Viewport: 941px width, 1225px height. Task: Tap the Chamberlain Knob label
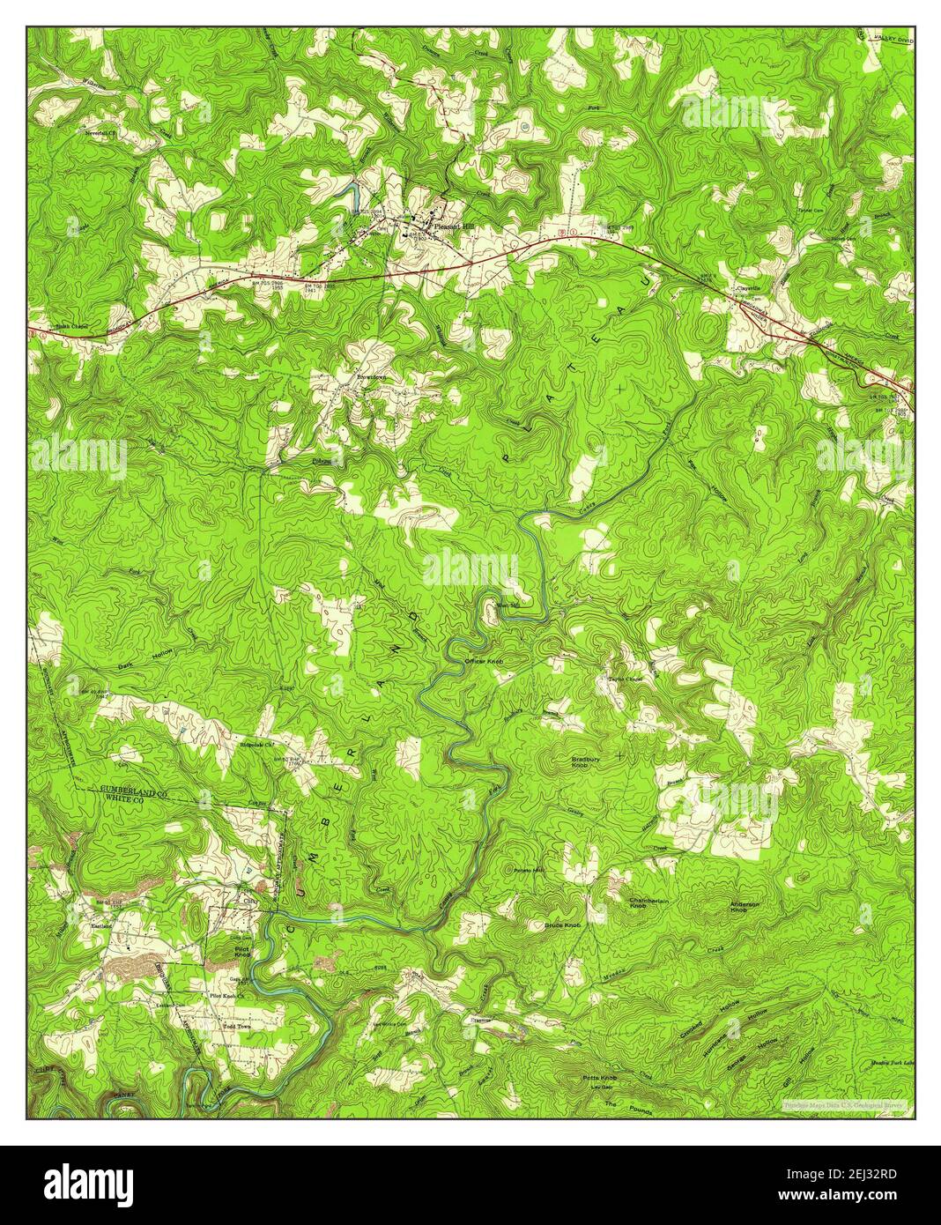coord(650,903)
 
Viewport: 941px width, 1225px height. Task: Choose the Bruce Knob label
coord(562,926)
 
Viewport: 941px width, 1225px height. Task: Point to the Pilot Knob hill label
coord(242,951)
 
